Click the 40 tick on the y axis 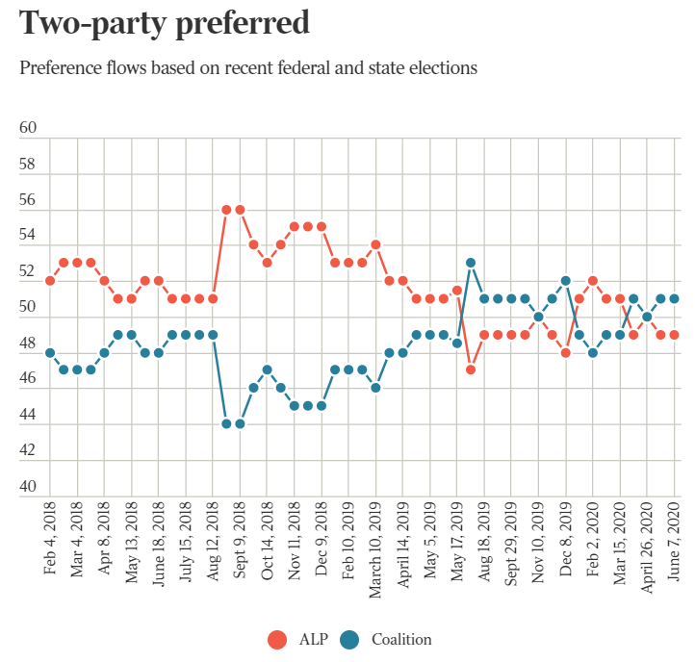pyautogui.click(x=28, y=487)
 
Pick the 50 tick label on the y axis pyautogui.click(x=28, y=308)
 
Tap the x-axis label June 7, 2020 pyautogui.click(x=674, y=543)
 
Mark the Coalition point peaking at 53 pyautogui.click(x=471, y=263)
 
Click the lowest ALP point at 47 pyautogui.click(x=471, y=369)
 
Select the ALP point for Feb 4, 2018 pyautogui.click(x=50, y=280)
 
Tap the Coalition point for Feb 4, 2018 pyautogui.click(x=50, y=352)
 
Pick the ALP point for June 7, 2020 pyautogui.click(x=674, y=334)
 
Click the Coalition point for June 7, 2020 pyautogui.click(x=674, y=298)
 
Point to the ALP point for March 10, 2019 pyautogui.click(x=375, y=244)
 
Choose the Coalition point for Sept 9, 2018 pyautogui.click(x=240, y=423)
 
